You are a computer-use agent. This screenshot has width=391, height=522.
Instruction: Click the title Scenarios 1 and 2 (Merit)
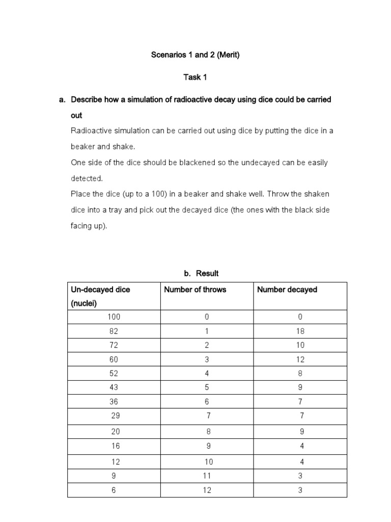[x=195, y=55]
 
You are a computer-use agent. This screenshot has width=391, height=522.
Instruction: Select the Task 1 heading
[x=195, y=77]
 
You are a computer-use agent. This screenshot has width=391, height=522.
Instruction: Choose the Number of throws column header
[x=195, y=290]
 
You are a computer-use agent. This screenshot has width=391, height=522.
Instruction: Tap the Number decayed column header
[x=287, y=290]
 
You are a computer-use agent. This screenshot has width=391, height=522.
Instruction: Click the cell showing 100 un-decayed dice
[x=114, y=317]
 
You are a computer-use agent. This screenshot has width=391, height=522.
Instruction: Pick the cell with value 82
[x=114, y=331]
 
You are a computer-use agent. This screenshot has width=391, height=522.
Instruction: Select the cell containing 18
[x=300, y=331]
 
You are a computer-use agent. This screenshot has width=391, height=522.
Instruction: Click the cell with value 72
[x=114, y=345]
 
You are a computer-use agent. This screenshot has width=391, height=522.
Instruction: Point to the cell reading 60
[x=114, y=359]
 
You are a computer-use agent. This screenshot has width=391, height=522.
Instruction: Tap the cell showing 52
[x=114, y=373]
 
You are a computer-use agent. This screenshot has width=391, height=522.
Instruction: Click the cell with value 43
[x=114, y=387]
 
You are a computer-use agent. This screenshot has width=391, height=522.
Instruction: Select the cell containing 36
[x=114, y=402]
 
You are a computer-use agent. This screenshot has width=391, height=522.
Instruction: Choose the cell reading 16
[x=116, y=446]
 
